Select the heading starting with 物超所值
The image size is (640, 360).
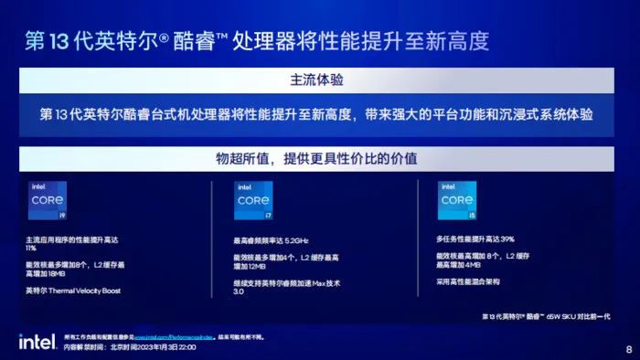(317, 158)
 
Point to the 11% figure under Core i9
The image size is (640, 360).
(31, 248)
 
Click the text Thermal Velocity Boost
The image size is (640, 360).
(96, 291)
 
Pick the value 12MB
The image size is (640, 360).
(256, 267)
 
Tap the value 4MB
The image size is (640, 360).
(472, 265)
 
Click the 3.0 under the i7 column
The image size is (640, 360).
(240, 292)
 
